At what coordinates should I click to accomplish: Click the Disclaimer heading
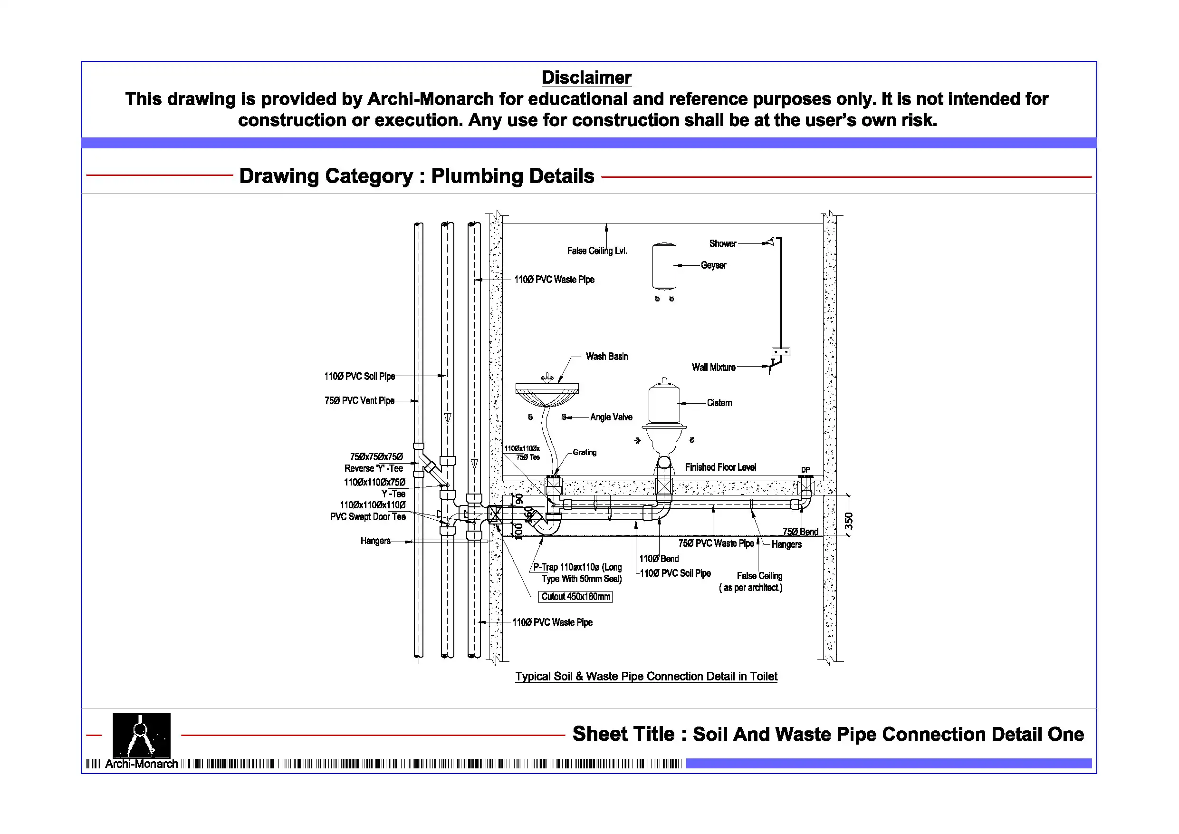click(586, 78)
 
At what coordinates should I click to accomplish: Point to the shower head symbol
click(771, 242)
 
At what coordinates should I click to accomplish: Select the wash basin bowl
click(547, 395)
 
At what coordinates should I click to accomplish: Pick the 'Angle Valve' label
click(611, 417)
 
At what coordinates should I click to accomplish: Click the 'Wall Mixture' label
click(713, 368)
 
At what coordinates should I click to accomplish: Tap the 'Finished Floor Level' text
click(720, 467)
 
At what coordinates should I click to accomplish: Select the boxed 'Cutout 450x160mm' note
click(575, 597)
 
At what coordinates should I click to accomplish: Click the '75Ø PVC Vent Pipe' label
click(359, 401)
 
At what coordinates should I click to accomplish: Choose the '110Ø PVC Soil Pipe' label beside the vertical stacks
click(359, 377)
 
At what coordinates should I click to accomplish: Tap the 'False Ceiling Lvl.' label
click(597, 251)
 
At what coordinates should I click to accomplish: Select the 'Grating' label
click(585, 453)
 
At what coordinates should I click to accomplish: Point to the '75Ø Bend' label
click(800, 531)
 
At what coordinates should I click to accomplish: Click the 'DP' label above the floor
click(805, 470)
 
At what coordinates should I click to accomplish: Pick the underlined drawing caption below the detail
click(646, 676)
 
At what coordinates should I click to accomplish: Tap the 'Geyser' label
click(713, 265)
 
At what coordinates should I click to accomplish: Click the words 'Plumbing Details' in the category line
click(512, 176)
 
